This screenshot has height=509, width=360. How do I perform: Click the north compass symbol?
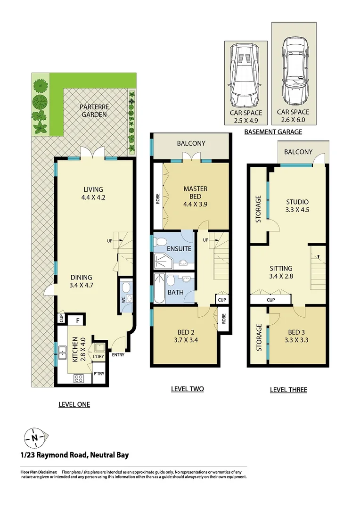tap(35, 437)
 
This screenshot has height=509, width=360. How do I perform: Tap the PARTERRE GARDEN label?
tap(93, 110)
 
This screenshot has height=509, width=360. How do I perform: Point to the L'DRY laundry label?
tap(98, 357)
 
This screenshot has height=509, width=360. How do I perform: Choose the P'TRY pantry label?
tap(98, 374)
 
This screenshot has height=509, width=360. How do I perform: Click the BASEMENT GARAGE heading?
tap(273, 132)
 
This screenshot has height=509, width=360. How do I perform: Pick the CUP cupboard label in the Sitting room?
tap(270, 299)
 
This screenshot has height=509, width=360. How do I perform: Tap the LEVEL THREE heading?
tap(288, 390)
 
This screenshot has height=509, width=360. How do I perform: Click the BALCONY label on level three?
tap(298, 152)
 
